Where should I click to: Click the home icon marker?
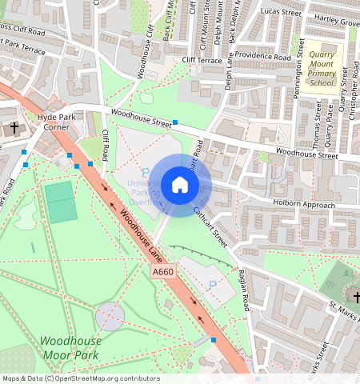click(x=180, y=185)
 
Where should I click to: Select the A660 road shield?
click(x=162, y=273)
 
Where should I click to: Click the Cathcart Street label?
click(x=210, y=226)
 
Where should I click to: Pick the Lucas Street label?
click(x=280, y=13)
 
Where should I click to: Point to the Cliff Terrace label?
click(x=200, y=59)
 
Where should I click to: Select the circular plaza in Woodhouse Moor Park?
click(x=110, y=316)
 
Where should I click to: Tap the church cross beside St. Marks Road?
click(x=357, y=298)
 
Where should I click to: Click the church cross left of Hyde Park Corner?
click(x=14, y=128)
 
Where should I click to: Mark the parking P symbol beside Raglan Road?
click(x=211, y=286)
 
